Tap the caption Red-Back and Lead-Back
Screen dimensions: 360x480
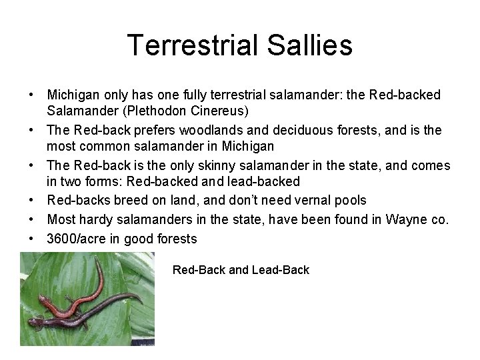241,270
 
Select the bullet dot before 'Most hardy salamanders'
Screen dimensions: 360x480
31,219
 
